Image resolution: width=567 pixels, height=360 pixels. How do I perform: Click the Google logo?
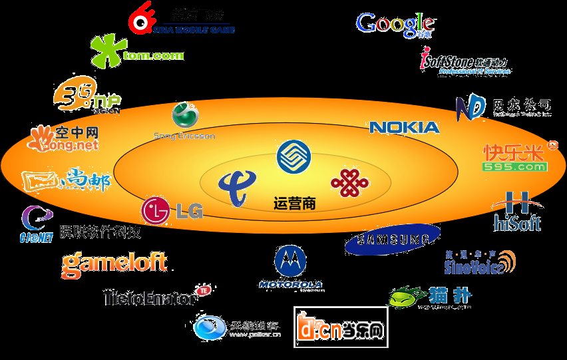tap(395, 24)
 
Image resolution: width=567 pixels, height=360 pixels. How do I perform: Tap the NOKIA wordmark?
tap(404, 126)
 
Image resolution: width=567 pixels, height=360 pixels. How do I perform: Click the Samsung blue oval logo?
tap(392, 240)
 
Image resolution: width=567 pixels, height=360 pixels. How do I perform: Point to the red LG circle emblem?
tap(154, 210)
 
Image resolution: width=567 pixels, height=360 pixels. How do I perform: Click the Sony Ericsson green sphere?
tap(184, 116)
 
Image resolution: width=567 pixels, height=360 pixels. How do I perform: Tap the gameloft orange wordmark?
tap(114, 264)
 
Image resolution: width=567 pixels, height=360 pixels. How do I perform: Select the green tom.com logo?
tap(136, 51)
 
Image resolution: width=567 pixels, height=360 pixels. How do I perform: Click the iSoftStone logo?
tap(464, 61)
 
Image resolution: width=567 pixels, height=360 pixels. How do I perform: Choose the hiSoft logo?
tap(517, 213)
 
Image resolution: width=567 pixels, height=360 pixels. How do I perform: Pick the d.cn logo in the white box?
tap(341, 327)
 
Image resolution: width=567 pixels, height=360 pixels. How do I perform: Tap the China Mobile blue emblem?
tap(293, 157)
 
